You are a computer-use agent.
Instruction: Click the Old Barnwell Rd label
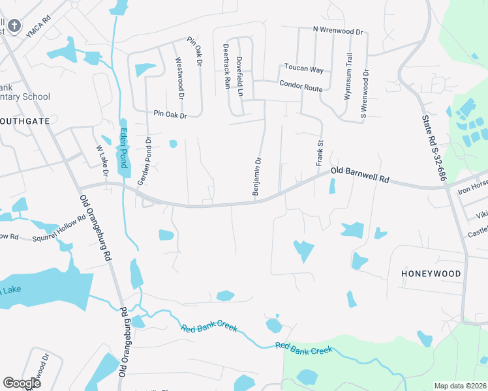click(x=359, y=174)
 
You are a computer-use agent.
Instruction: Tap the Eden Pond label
click(x=122, y=149)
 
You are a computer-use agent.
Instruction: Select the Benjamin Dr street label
click(x=258, y=175)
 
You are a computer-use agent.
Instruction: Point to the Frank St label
click(x=320, y=152)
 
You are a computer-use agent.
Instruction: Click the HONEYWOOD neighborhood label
click(x=431, y=274)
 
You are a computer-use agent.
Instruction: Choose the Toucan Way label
click(x=303, y=68)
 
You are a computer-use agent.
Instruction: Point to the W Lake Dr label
click(x=102, y=162)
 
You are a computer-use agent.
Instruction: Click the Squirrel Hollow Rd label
click(x=59, y=229)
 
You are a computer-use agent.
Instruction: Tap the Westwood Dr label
click(x=180, y=78)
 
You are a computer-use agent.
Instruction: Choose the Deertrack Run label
click(x=226, y=66)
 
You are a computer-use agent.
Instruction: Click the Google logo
click(x=22, y=383)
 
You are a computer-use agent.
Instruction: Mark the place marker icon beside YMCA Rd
click(x=15, y=27)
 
